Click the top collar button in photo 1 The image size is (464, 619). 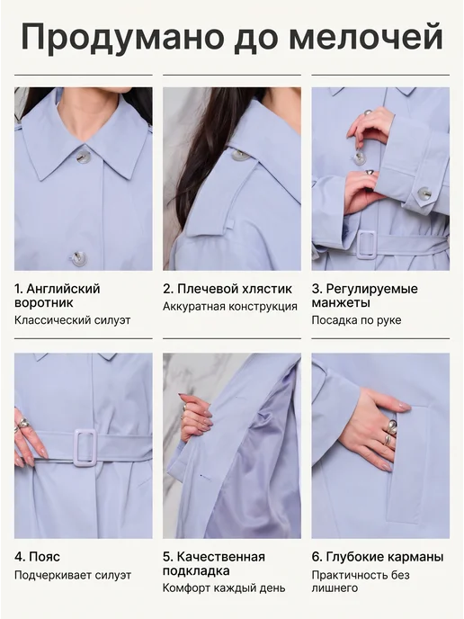(83, 155)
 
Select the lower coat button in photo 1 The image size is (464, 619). (79, 258)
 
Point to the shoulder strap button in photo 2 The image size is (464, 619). (241, 156)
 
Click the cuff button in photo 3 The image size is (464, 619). (424, 193)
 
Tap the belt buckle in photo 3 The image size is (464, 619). (367, 245)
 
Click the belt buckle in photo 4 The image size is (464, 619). (85, 447)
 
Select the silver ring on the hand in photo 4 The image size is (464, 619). (22, 423)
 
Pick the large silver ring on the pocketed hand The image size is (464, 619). (391, 426)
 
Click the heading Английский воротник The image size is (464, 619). (58, 296)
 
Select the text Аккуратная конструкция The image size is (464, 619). (230, 306)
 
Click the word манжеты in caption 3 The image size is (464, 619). (341, 303)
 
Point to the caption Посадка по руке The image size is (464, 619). (356, 320)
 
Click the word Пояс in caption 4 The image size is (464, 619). (45, 557)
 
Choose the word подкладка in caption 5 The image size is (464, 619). (196, 570)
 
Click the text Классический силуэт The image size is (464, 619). (72, 320)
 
